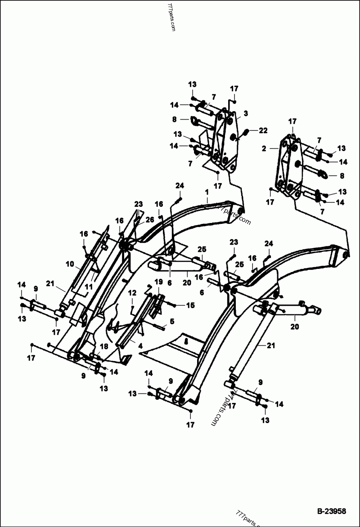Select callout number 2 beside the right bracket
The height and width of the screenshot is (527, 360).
[264, 147]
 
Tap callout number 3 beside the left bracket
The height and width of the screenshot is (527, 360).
[246, 112]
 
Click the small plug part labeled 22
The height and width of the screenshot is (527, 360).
[247, 131]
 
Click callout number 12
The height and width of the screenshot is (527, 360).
[132, 292]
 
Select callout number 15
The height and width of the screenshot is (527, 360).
[191, 305]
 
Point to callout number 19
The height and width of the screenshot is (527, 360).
[158, 281]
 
